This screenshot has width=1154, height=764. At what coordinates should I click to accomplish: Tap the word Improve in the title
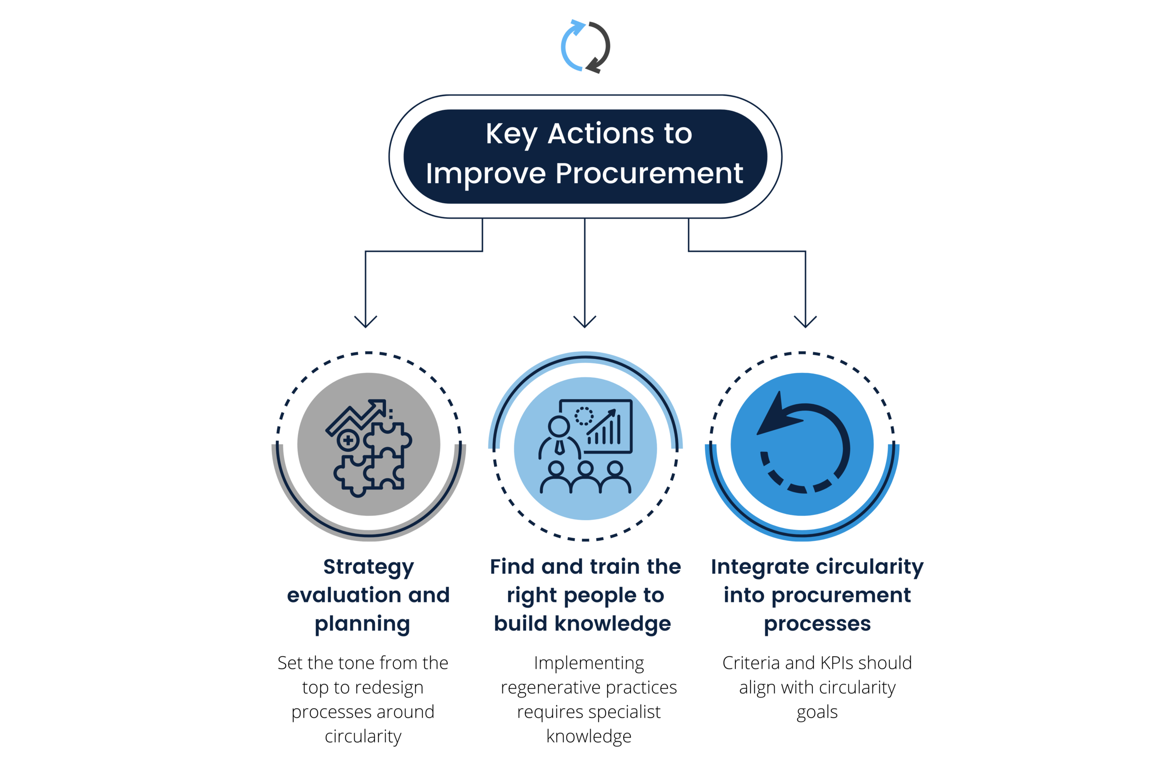pos(486,174)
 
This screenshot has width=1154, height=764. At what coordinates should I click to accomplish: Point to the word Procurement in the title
pos(649,174)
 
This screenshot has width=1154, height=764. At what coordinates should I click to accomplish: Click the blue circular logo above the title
pos(585,47)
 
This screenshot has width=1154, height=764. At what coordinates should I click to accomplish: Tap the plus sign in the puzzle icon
pos(348,442)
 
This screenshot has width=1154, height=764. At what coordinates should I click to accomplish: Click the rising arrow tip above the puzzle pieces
pos(379,406)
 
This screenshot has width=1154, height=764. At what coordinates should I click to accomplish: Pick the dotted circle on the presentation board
pos(584,416)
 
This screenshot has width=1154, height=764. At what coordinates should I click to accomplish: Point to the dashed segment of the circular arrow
pos(799,485)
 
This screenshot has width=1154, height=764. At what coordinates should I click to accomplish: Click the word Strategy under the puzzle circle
pos(367,568)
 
